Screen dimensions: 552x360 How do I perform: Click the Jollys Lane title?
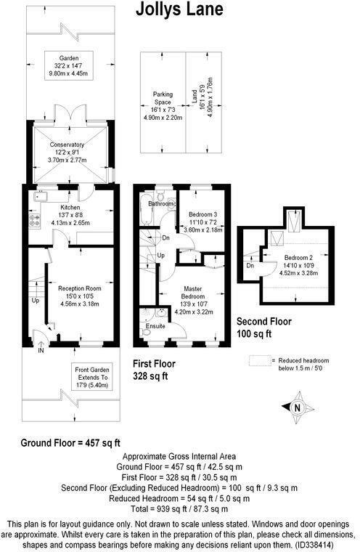tap(180, 9)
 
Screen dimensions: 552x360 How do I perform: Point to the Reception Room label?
tap(79, 289)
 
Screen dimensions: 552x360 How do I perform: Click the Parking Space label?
tap(160, 99)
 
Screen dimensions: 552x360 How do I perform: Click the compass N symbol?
tap(298, 407)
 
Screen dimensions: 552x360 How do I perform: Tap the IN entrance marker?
tap(41, 351)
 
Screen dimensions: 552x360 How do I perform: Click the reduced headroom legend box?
tap(259, 360)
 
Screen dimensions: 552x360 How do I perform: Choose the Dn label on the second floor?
tap(250, 266)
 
